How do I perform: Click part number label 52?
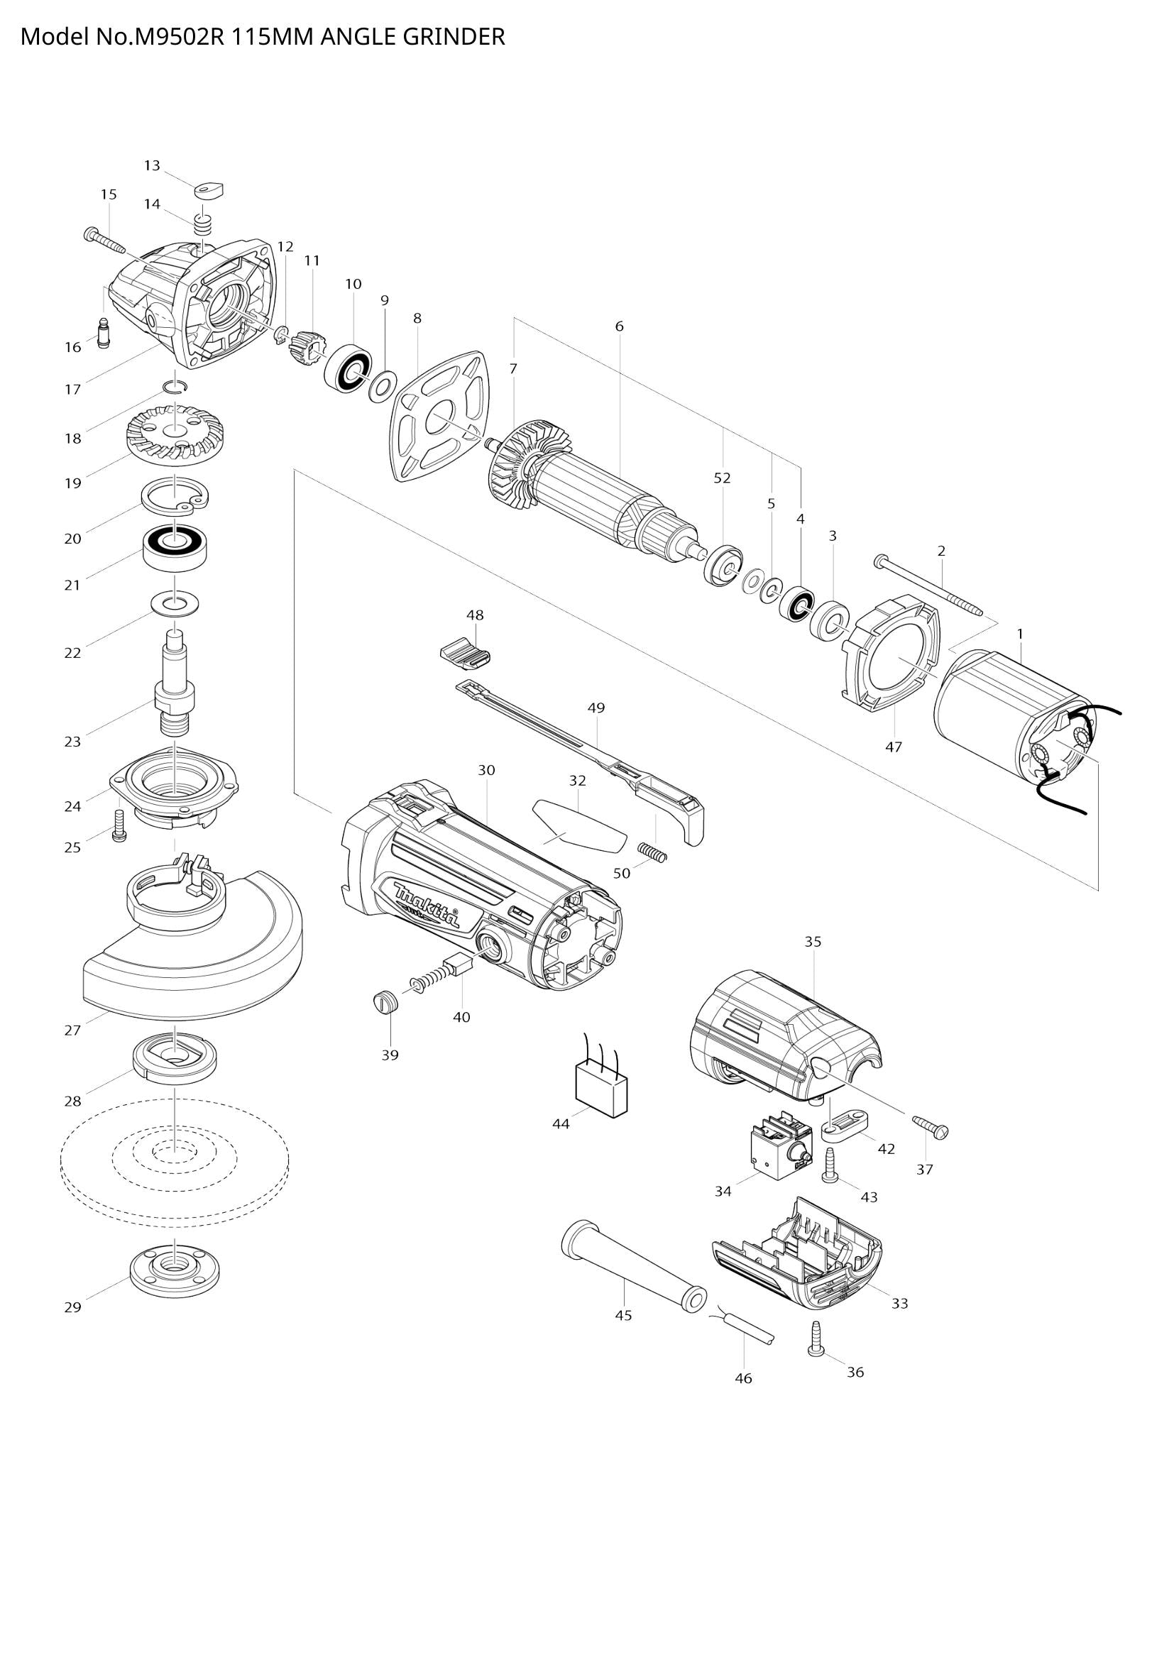coord(722,478)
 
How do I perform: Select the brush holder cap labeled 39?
coord(385,1005)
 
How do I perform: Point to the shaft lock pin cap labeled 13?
coord(209,189)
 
